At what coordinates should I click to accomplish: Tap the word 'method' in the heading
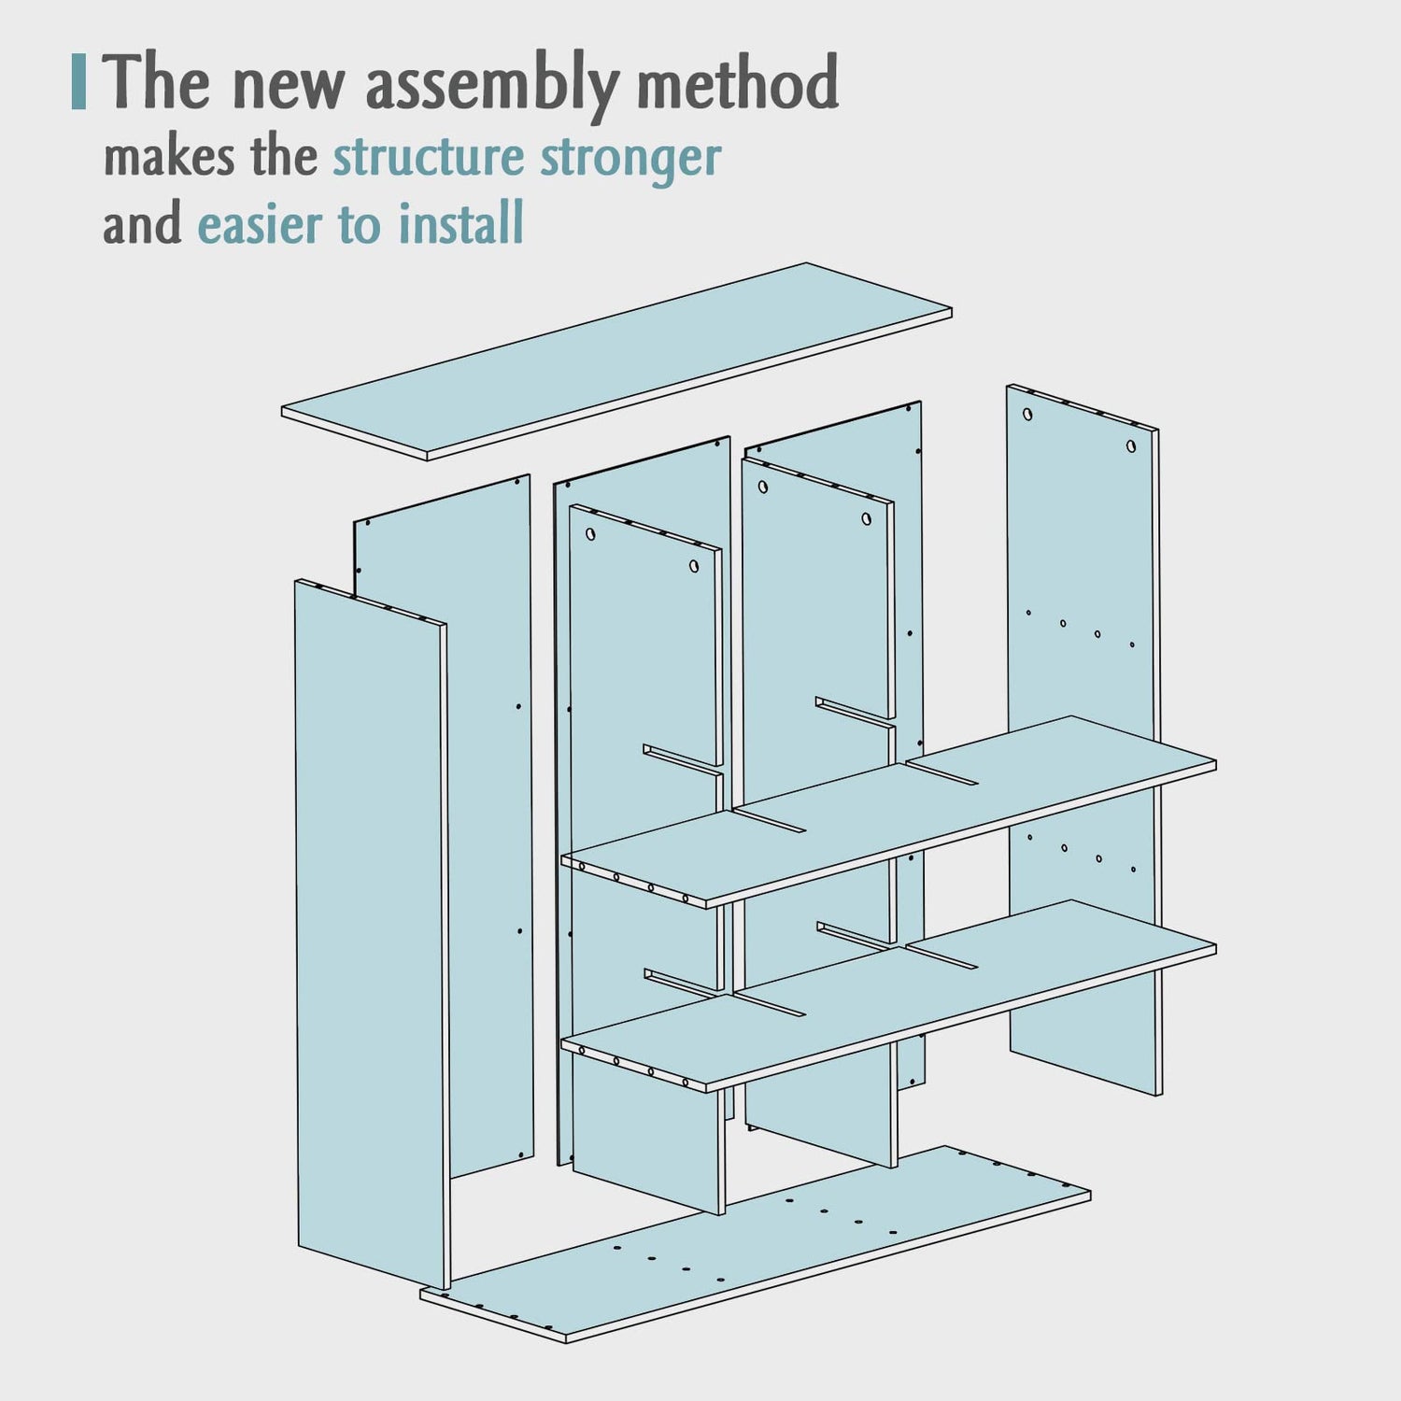click(738, 82)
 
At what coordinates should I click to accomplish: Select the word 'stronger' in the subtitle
click(631, 160)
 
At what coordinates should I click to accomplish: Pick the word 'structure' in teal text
click(429, 157)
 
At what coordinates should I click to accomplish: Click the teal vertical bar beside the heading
click(78, 82)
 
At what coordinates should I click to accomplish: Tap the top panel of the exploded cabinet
click(616, 361)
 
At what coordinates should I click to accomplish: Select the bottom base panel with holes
click(755, 1244)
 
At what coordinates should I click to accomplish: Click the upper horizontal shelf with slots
click(888, 812)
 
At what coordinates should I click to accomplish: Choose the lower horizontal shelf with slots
click(888, 996)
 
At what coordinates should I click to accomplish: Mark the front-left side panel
click(372, 934)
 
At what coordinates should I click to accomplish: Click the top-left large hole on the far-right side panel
click(1027, 414)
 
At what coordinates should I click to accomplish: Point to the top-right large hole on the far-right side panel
click(1131, 446)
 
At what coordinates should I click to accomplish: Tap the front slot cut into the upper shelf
click(768, 820)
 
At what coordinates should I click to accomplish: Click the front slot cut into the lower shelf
click(768, 1004)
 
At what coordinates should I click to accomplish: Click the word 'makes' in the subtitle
click(169, 158)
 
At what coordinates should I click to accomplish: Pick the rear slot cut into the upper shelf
click(941, 773)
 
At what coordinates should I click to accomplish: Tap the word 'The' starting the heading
click(156, 82)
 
